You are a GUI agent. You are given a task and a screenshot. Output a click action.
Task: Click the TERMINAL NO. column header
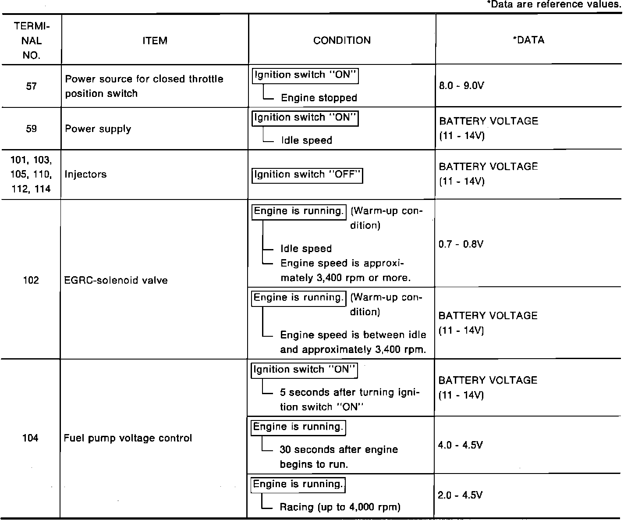click(31, 40)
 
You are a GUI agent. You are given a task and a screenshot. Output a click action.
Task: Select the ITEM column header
click(155, 41)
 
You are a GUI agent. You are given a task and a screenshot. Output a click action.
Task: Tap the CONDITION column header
click(342, 40)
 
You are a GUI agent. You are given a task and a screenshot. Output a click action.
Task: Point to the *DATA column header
click(528, 40)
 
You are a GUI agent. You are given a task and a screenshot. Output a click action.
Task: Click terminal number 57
click(31, 86)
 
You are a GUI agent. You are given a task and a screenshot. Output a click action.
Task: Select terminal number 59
click(31, 129)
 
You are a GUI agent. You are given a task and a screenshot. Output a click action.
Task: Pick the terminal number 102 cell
click(31, 280)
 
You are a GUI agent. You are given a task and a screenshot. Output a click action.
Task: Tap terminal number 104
click(30, 438)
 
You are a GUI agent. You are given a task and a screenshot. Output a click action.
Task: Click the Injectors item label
click(85, 174)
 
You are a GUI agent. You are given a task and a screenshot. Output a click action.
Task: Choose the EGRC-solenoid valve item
click(116, 280)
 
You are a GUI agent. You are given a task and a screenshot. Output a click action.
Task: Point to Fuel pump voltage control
click(128, 438)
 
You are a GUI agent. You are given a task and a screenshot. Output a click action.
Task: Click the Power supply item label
click(98, 129)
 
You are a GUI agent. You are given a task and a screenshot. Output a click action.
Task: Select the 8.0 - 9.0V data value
click(461, 85)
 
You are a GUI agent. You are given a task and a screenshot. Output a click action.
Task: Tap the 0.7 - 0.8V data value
click(461, 244)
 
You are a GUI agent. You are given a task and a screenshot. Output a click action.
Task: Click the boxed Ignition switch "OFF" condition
click(308, 175)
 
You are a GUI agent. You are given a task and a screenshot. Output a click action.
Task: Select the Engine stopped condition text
click(319, 98)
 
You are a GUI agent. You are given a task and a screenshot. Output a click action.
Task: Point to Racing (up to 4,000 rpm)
click(340, 507)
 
